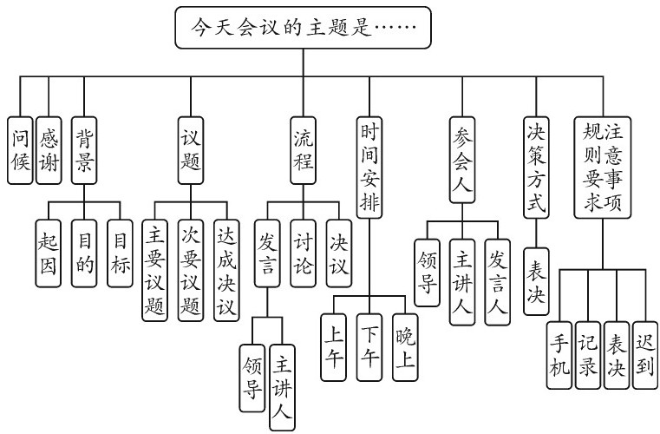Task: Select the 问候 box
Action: pos(21,149)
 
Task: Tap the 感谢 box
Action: pos(49,149)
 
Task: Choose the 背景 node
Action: pos(84,149)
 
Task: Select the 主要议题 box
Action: pos(154,270)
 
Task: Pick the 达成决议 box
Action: pos(225,270)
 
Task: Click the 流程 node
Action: pos(304,149)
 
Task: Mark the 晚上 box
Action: pos(404,345)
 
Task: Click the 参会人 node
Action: pos(466,161)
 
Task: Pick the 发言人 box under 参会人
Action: pos(498,282)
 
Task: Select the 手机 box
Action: pos(561,356)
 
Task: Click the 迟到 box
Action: pos(644,356)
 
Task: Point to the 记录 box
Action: pos(588,356)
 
